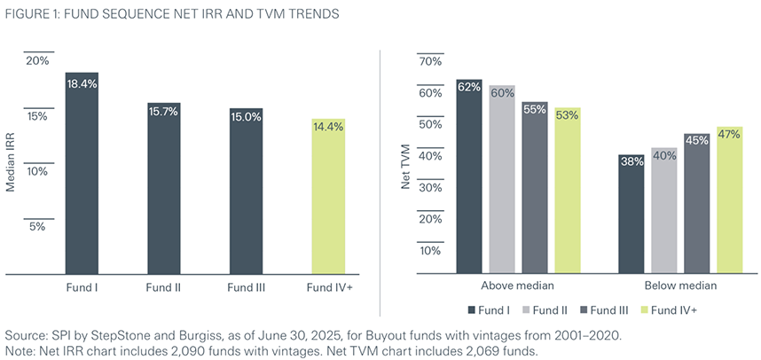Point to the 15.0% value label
pos(246,116)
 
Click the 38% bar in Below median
pos(632,214)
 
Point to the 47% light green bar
pos(729,200)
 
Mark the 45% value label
pos(696,141)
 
